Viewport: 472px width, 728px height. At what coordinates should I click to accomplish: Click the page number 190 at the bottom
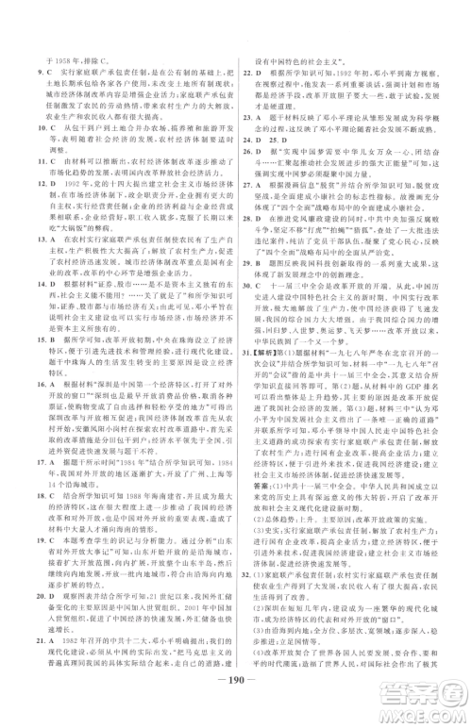tap(235, 711)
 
